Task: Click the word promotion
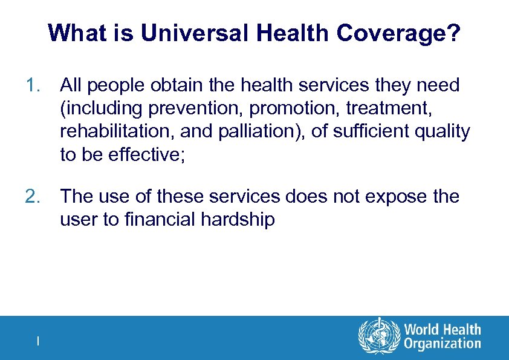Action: pyautogui.click(x=280, y=109)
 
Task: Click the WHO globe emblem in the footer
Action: pyautogui.click(x=379, y=337)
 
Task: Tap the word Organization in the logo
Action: pyautogui.click(x=443, y=345)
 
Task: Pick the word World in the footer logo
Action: pyautogui.click(x=422, y=330)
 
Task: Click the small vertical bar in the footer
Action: pyautogui.click(x=38, y=341)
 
